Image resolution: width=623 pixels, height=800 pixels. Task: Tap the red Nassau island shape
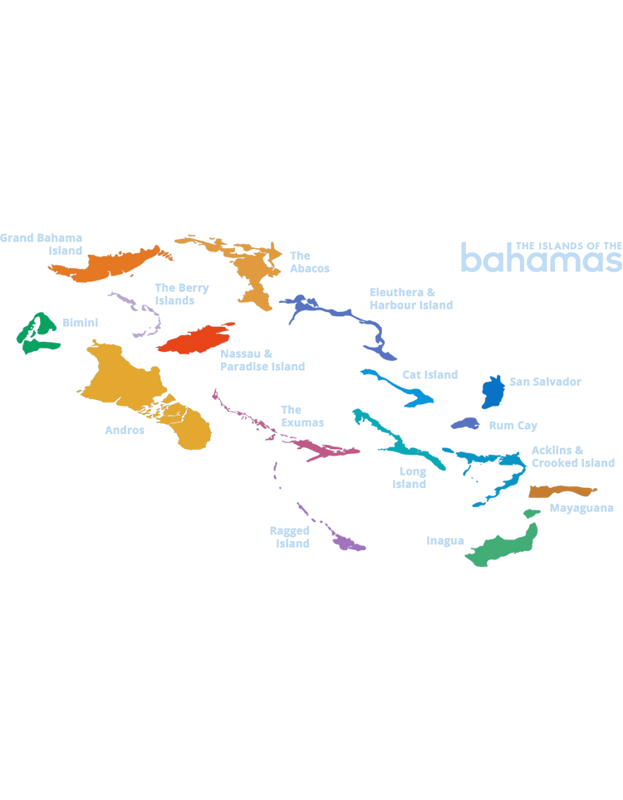[x=195, y=337]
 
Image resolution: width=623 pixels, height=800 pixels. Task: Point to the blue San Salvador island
[x=493, y=390]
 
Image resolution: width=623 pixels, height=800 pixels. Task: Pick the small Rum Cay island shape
[x=464, y=424]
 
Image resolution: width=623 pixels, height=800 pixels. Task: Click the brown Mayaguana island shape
[x=561, y=491]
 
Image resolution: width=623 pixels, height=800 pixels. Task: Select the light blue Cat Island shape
[x=399, y=386]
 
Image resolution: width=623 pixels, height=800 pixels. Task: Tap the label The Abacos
[x=309, y=261]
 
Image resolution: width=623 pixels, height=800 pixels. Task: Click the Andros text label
[x=124, y=430]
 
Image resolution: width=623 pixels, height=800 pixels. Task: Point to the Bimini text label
[x=80, y=322]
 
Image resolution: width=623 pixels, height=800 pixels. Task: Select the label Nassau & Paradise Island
[x=262, y=359]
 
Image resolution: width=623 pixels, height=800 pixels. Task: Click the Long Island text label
[x=408, y=477]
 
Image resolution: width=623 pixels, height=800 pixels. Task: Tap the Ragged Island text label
[x=289, y=536]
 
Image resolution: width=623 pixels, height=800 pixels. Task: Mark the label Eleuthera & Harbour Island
[x=411, y=298]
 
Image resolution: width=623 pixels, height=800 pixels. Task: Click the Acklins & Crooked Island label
[x=573, y=456]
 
